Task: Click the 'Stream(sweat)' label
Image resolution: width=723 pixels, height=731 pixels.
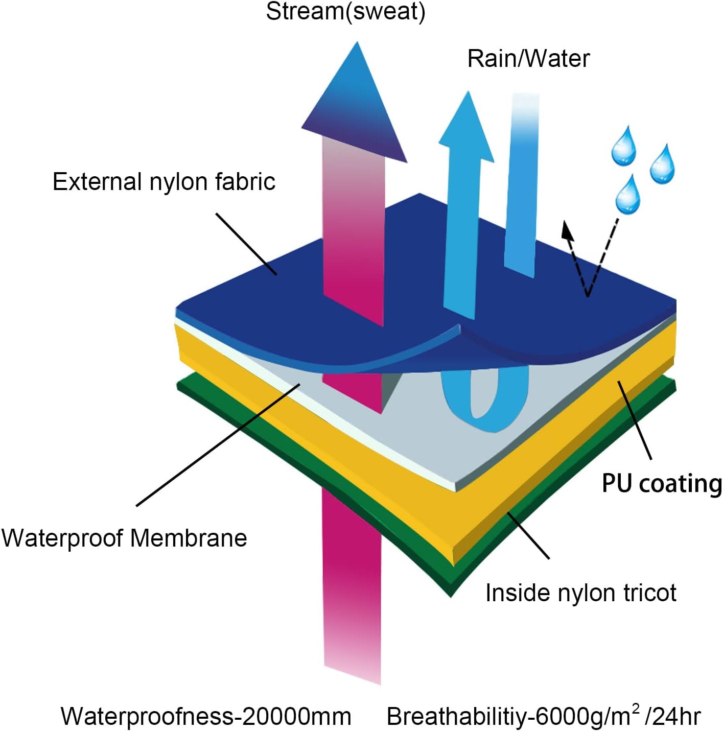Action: coord(345,12)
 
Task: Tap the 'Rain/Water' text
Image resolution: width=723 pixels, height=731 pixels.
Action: coord(528,58)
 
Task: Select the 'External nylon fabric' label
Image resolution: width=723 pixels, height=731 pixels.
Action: coord(164,182)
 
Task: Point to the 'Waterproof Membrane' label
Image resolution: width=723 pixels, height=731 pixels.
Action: coord(124,538)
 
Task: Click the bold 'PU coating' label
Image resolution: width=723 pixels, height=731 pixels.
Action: coord(662,483)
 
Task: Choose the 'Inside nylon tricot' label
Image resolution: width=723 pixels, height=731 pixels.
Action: coord(580,593)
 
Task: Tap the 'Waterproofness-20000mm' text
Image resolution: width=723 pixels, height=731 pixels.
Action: coord(206,716)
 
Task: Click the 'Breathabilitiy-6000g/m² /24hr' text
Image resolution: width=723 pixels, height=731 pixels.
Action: coord(543,716)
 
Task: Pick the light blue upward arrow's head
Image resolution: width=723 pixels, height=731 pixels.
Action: coord(466,128)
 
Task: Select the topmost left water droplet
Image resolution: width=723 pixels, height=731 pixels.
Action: coord(624,148)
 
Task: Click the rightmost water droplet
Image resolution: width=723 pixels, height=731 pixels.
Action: coord(662,164)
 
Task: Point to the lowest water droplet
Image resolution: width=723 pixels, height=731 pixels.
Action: coord(627,196)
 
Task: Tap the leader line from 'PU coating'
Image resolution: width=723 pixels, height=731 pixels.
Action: coord(635,420)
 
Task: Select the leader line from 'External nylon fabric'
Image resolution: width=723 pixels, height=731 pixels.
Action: coord(246,244)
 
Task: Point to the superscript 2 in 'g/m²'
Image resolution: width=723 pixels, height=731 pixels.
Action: coord(636,708)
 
